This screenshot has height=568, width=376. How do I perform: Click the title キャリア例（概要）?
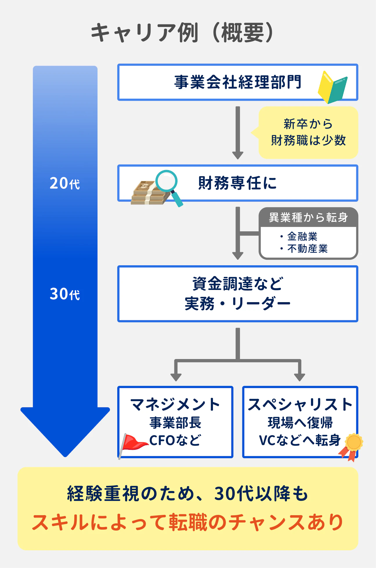point(182,33)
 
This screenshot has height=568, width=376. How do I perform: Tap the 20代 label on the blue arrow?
point(64,183)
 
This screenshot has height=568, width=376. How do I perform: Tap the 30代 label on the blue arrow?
point(64,294)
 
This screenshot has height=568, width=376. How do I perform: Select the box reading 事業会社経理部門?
point(237,82)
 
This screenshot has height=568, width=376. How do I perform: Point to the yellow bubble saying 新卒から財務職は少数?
point(308,132)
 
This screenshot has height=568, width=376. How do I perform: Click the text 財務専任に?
point(237,183)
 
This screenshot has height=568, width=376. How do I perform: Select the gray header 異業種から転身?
point(308,217)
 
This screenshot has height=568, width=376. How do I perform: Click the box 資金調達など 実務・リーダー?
point(237,294)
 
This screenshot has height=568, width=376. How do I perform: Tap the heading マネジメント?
point(175,404)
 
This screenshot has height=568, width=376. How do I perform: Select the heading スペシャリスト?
point(300,404)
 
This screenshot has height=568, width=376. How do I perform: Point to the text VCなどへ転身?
point(299,440)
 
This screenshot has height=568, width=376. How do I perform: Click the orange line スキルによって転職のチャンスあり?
point(188,522)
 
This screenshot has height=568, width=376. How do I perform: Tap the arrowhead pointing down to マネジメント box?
point(176,376)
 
